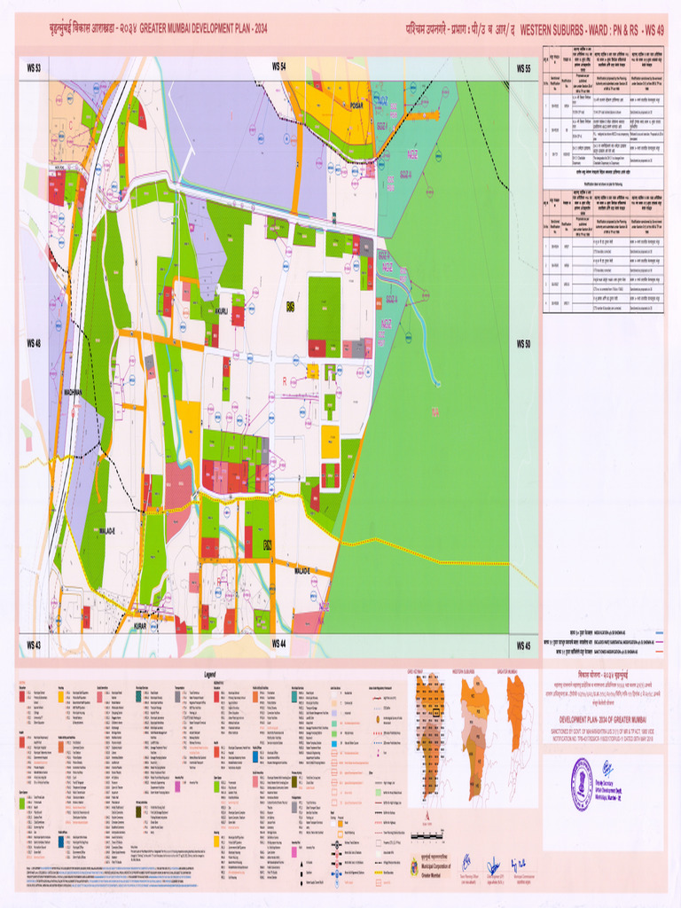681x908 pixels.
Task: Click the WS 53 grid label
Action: [x=34, y=67]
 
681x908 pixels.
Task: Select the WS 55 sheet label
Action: [x=522, y=67]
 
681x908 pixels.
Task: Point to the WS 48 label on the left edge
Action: [x=34, y=343]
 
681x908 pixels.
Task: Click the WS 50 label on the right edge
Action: [x=522, y=343]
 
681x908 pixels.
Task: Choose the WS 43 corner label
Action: [x=34, y=645]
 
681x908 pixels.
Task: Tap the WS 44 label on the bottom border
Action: [x=278, y=644]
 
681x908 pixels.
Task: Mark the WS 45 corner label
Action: [x=522, y=645]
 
